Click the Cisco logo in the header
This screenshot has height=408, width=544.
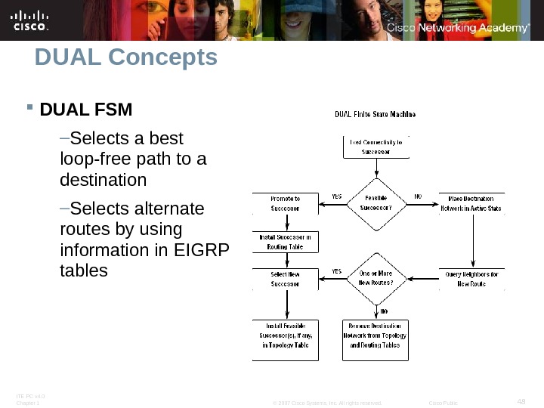tap(30, 20)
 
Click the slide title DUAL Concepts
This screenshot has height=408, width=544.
tap(125, 57)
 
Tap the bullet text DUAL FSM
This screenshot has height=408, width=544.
tap(85, 110)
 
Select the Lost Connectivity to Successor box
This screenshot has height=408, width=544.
tap(376, 146)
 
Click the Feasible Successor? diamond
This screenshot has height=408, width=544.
tap(376, 202)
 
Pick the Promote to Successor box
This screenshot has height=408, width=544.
tap(286, 202)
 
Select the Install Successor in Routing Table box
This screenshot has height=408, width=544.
tap(286, 242)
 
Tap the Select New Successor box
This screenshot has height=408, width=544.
tap(286, 279)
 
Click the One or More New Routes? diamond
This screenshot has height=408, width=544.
tap(376, 278)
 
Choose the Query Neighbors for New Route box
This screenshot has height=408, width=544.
tap(471, 279)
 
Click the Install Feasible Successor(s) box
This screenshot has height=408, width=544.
tap(286, 340)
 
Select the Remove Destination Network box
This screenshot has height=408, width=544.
tap(376, 340)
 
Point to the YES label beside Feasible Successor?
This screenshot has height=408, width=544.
tap(337, 196)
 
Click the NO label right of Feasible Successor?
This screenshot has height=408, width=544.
tap(418, 196)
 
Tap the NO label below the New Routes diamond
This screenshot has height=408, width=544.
tap(384, 311)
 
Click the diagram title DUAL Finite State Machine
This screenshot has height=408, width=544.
tap(376, 115)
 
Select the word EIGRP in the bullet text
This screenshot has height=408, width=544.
tap(207, 249)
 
